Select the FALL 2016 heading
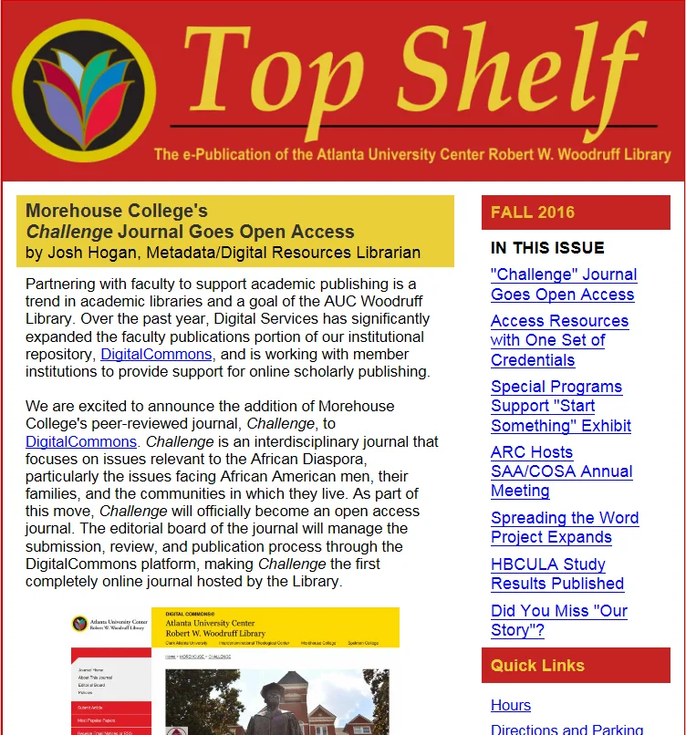click(x=533, y=212)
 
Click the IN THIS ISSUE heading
click(x=547, y=248)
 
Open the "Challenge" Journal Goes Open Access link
click(x=563, y=285)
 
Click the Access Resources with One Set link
click(x=558, y=340)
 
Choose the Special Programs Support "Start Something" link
click(x=560, y=406)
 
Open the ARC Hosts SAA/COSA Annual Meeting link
click(x=561, y=471)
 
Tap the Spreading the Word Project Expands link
click(x=564, y=528)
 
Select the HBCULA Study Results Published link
click(x=556, y=574)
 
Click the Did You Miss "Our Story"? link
click(x=558, y=620)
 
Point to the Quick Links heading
click(x=537, y=665)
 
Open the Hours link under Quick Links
click(x=510, y=705)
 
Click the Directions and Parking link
click(x=566, y=729)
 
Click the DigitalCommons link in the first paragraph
click(x=156, y=354)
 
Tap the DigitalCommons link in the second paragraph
click(x=81, y=441)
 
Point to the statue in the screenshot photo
click(x=282, y=707)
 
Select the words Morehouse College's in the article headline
click(x=117, y=212)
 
